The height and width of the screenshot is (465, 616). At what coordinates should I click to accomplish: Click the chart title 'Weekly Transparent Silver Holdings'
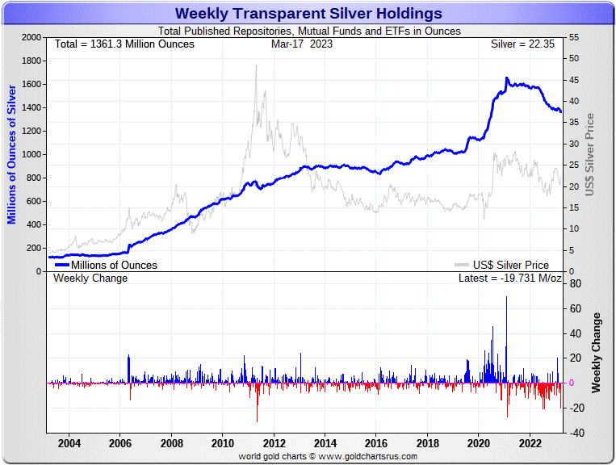pos(308,14)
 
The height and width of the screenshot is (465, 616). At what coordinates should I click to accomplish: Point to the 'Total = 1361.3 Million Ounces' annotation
pos(124,44)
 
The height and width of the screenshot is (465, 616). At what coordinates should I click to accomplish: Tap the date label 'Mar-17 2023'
pos(302,44)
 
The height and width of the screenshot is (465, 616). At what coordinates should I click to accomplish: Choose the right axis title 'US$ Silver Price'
pos(589,154)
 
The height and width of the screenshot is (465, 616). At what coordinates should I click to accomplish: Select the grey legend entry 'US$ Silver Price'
pos(509,265)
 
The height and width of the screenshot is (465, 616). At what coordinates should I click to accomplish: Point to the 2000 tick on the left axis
pos(31,38)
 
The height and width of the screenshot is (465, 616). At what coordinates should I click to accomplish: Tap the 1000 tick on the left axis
pos(31,154)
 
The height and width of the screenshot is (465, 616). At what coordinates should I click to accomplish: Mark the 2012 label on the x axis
pos(274,443)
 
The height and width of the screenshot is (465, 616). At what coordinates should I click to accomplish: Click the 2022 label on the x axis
pos(530,443)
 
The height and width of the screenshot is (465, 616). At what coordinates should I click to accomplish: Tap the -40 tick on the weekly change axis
pos(576,433)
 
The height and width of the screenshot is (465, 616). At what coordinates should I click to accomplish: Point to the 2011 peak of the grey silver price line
pos(256,65)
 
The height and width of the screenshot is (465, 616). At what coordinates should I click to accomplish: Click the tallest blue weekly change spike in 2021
pos(507,298)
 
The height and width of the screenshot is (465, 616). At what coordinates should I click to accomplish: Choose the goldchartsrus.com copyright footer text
pos(328,457)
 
